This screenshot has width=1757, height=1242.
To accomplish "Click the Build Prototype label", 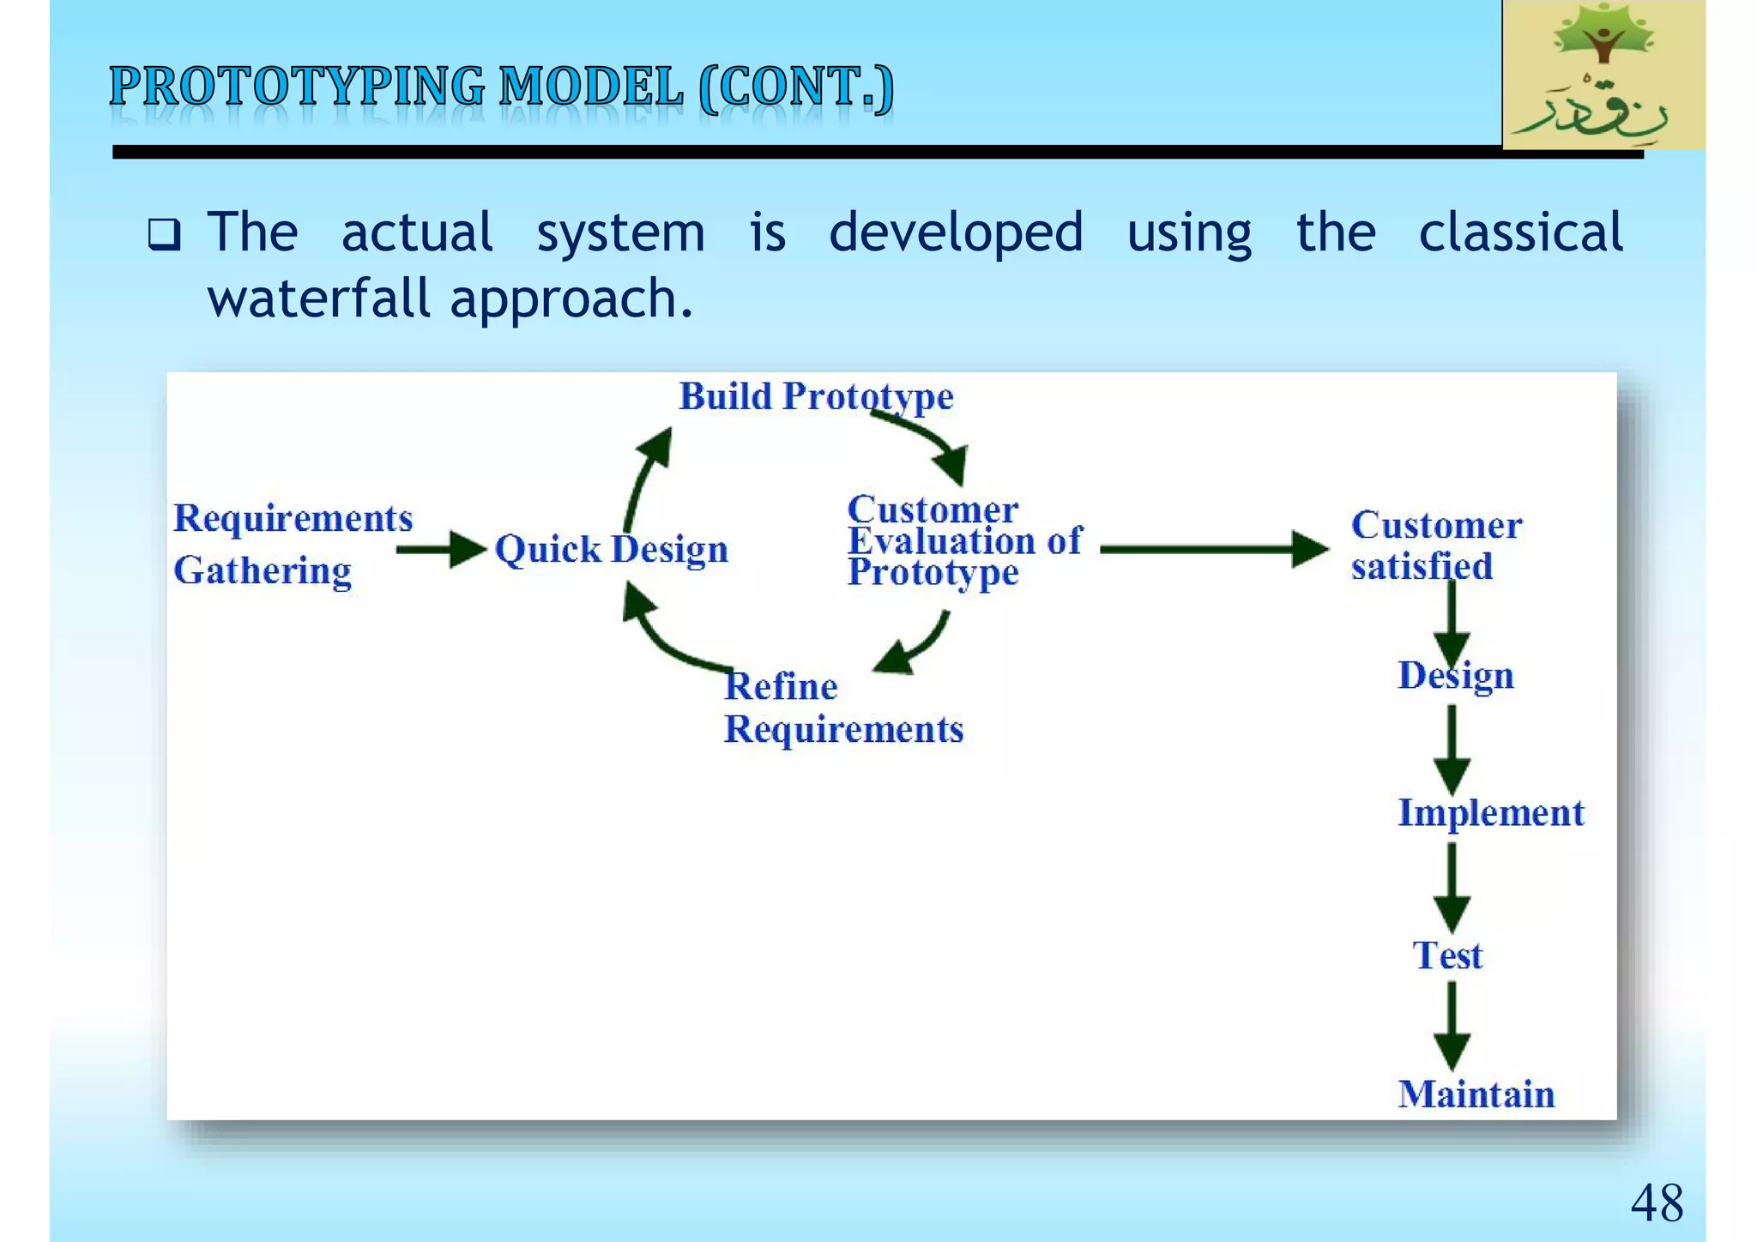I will click(x=816, y=397).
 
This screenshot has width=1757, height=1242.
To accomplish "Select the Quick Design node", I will click(x=612, y=550).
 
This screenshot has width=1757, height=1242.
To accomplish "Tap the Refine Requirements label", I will click(x=843, y=708).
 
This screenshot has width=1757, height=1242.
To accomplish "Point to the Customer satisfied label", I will click(x=1436, y=546).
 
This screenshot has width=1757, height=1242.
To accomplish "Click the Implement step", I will click(x=1491, y=813).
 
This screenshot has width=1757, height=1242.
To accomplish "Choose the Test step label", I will click(x=1447, y=956).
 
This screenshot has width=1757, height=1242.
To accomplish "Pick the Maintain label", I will click(x=1476, y=1094).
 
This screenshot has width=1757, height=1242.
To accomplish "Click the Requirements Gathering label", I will click(x=293, y=544).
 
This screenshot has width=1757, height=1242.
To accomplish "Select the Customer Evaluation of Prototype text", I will click(x=964, y=541).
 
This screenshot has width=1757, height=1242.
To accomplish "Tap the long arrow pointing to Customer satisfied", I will click(x=1213, y=549).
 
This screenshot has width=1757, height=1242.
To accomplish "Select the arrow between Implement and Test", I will click(x=1452, y=887).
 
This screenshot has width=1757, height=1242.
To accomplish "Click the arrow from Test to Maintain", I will click(x=1452, y=1026).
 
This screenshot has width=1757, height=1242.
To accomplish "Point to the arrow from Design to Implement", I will click(x=1452, y=750).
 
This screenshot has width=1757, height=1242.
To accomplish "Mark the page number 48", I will click(x=1657, y=1203).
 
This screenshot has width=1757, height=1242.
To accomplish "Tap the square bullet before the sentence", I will click(x=164, y=234).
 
